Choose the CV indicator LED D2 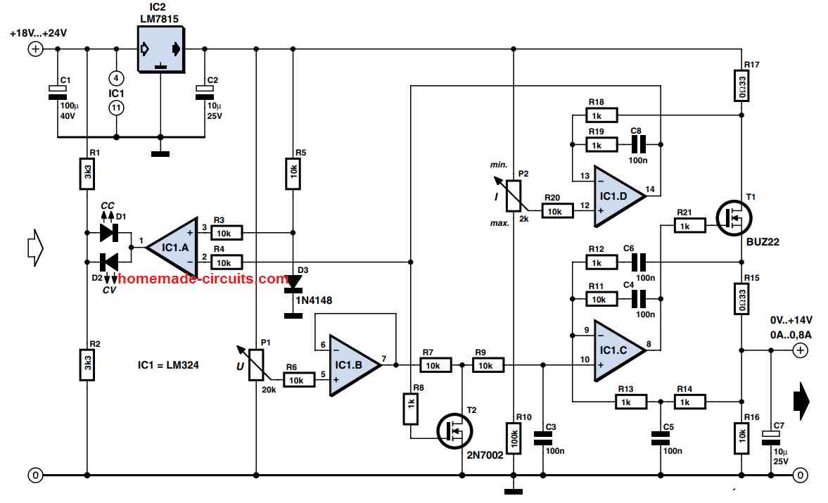tap(109, 262)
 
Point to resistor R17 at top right tap(741, 89)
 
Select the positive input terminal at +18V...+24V tap(34, 49)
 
